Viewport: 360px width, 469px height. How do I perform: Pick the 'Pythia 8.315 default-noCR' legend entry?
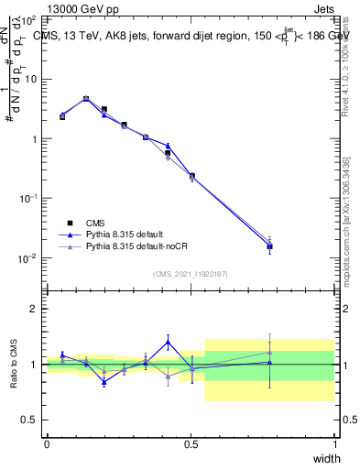tap(143, 246)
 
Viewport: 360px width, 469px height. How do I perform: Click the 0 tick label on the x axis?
tap(47, 444)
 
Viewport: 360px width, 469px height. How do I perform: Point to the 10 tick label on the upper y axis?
tap(30, 79)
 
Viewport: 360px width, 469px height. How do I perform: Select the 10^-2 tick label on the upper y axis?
tap(28, 258)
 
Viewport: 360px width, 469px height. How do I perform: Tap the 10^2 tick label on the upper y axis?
tap(28, 19)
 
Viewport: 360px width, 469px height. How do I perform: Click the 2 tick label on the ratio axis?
tap(36, 309)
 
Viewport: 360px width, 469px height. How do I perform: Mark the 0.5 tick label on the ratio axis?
tap(30, 420)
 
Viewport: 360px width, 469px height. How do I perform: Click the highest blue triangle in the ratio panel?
tap(168, 342)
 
